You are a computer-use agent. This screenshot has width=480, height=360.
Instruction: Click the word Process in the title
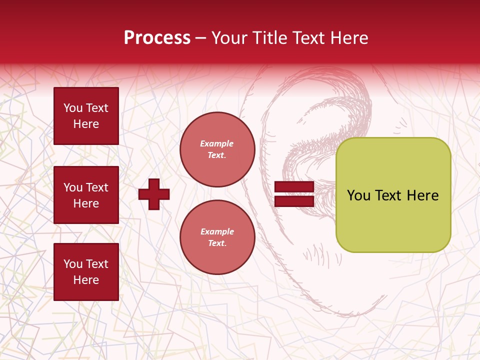pyautogui.click(x=157, y=38)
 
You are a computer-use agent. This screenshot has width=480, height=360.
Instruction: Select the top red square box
pyautogui.click(x=86, y=116)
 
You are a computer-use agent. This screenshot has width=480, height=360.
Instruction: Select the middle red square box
pyautogui.click(x=86, y=195)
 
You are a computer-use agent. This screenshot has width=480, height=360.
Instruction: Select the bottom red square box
pyautogui.click(x=86, y=272)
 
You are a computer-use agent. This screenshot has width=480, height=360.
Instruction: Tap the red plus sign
pyautogui.click(x=154, y=194)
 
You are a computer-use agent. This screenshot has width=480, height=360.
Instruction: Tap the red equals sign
pyautogui.click(x=294, y=194)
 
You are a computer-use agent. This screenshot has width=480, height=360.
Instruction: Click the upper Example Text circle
pyautogui.click(x=217, y=149)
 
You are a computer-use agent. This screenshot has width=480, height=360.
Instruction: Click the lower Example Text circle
pyautogui.click(x=217, y=237)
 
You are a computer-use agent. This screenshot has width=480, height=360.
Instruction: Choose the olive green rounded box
pyautogui.click(x=393, y=195)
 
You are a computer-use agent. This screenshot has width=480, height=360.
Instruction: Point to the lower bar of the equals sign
pyautogui.click(x=294, y=201)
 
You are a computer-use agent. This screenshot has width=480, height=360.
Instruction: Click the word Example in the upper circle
pyautogui.click(x=217, y=144)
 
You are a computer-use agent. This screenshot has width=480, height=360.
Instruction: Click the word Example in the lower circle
pyautogui.click(x=217, y=232)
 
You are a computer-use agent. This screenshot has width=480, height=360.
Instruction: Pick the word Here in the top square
pyautogui.click(x=86, y=124)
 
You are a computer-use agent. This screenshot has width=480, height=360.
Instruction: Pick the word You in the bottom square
pyautogui.click(x=73, y=264)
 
